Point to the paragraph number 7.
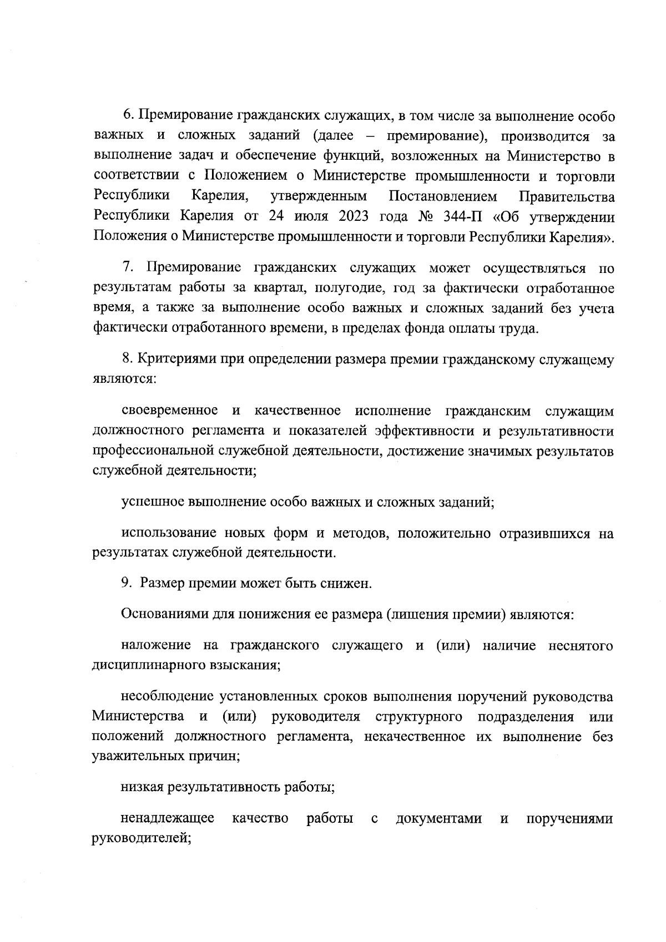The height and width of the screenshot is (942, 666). point(127,269)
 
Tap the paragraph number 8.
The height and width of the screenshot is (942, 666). point(127,360)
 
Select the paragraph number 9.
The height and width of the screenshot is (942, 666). point(126,583)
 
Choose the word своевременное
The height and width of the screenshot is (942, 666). point(169,411)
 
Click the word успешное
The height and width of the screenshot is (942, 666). point(153,503)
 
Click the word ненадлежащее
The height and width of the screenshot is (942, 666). point(167,819)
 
